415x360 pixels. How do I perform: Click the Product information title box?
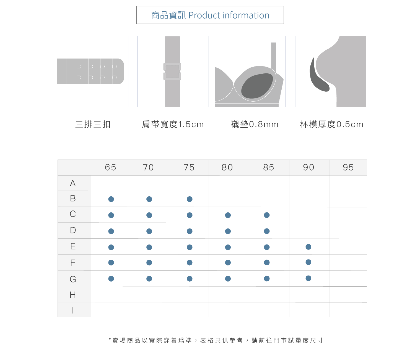210,15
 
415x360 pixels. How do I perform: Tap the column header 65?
110,168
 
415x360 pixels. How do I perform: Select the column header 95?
348,168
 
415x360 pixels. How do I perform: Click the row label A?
73,183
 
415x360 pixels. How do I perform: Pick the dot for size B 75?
190,199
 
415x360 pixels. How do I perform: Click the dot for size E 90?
308,247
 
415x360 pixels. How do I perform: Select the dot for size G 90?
308,278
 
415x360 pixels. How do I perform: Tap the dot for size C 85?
267,215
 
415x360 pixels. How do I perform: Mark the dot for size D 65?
111,231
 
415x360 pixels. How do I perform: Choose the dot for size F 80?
228,263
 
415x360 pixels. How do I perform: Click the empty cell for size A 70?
149,183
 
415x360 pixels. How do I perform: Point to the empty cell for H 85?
269,294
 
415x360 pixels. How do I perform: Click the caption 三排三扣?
93,124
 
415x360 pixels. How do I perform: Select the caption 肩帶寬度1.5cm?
173,124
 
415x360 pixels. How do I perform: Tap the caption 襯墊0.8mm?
255,124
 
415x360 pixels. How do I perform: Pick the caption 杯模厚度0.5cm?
331,124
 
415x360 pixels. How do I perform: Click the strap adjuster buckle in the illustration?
172,71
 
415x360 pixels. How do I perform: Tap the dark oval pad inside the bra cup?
257,86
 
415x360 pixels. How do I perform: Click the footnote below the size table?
216,340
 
